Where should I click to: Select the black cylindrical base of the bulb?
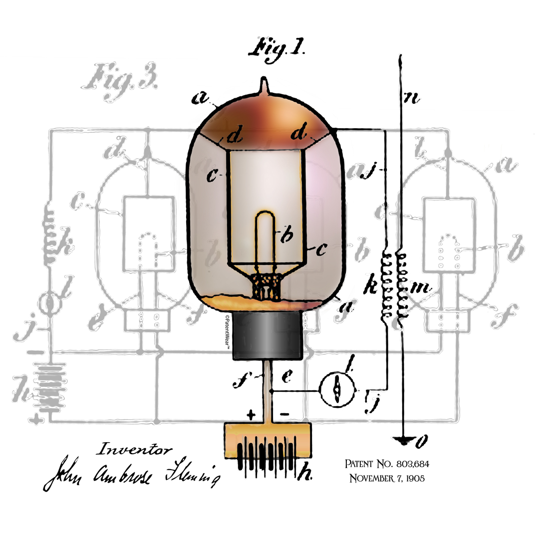[268, 335]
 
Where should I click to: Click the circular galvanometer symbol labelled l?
[337, 390]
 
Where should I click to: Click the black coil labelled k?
[386, 286]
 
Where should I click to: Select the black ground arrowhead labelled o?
[402, 440]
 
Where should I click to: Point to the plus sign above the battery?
[251, 414]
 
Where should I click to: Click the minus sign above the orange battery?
[284, 414]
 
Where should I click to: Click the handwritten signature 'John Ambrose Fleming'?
[132, 473]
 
